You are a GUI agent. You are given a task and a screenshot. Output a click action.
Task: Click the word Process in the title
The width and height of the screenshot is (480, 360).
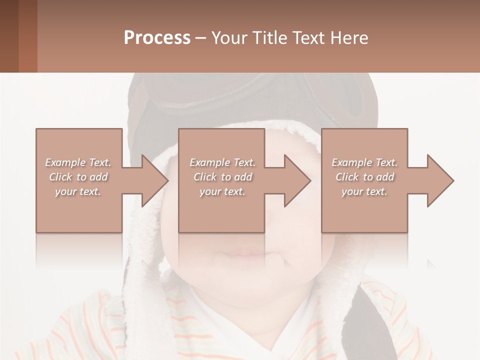157,38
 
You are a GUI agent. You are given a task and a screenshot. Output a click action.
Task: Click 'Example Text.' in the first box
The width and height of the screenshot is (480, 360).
78,162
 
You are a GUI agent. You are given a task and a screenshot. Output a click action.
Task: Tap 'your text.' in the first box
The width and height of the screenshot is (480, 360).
78,191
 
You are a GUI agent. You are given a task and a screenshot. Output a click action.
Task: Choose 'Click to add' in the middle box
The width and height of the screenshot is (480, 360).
222,177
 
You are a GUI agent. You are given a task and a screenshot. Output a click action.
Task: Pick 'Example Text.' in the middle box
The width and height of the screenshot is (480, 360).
222,162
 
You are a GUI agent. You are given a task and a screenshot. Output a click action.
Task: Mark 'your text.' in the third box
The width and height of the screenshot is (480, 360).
364,191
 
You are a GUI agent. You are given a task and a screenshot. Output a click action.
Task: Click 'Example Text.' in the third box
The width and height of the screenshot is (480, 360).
364,162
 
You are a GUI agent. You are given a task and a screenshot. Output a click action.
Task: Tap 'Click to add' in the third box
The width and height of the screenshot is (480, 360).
364,177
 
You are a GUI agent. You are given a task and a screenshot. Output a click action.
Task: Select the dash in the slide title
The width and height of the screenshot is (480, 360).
200,38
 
